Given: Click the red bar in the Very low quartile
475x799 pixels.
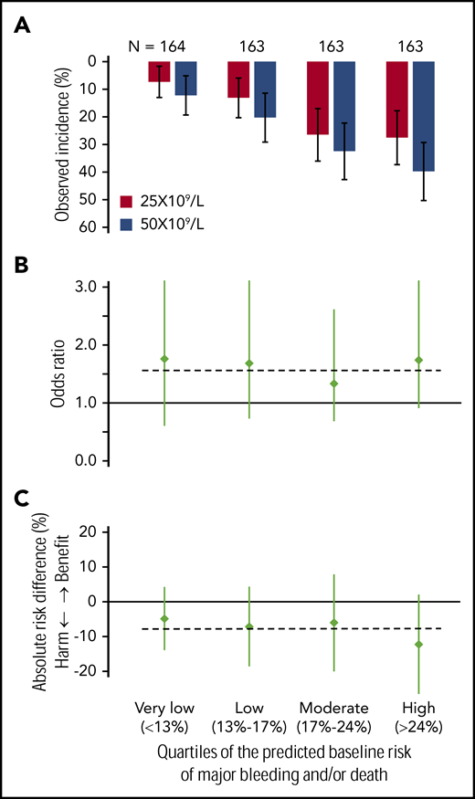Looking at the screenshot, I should (x=159, y=71).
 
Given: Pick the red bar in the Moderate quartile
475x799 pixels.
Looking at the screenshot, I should (x=317, y=97).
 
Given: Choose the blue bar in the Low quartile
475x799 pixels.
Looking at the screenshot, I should (x=265, y=89).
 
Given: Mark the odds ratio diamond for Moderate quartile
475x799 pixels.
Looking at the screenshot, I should (x=334, y=384).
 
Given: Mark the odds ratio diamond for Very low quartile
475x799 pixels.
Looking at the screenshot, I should (x=164, y=359).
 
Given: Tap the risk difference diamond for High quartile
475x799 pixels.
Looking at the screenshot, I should (x=419, y=645).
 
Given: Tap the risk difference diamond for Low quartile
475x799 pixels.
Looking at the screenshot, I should (x=249, y=626).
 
